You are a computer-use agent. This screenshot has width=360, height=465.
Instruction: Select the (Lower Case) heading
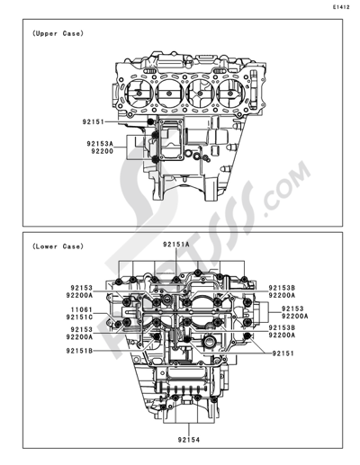[57, 245]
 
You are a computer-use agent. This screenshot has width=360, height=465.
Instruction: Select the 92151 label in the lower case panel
[284, 354]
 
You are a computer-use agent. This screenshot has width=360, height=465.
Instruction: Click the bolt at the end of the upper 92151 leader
[148, 121]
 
